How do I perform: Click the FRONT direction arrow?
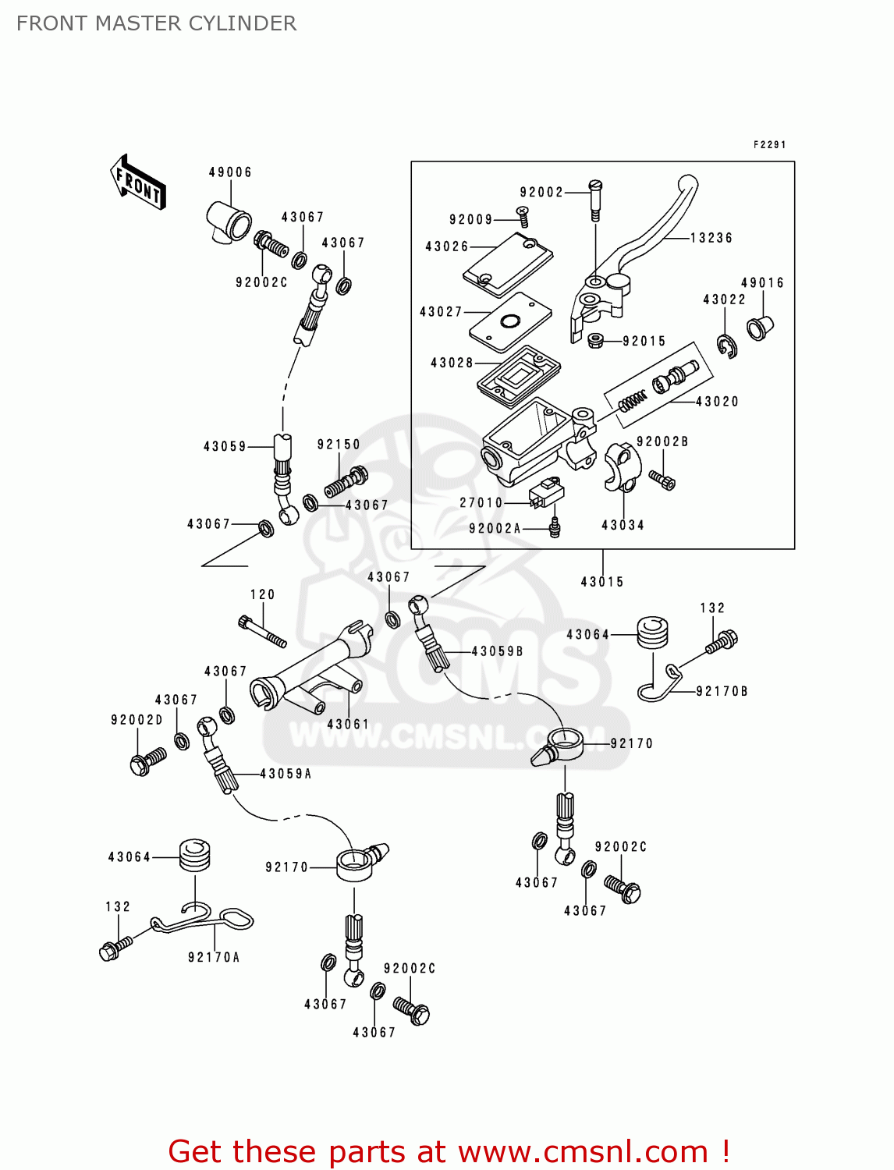tap(137, 182)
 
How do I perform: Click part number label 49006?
tap(230, 172)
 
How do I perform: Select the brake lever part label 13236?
tap(711, 238)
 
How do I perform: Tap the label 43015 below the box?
tap(602, 582)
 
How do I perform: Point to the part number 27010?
tap(481, 502)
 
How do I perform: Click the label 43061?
tap(348, 724)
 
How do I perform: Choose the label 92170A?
tap(214, 957)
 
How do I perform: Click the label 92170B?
tap(722, 691)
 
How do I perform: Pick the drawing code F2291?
tap(769, 144)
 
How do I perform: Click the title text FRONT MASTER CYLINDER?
tap(157, 23)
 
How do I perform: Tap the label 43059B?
tap(498, 651)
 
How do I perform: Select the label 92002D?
tap(137, 720)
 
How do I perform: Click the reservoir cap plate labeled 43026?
tap(508, 264)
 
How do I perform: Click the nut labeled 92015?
tap(595, 340)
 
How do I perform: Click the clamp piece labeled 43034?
tap(622, 467)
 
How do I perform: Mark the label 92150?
tap(339, 444)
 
